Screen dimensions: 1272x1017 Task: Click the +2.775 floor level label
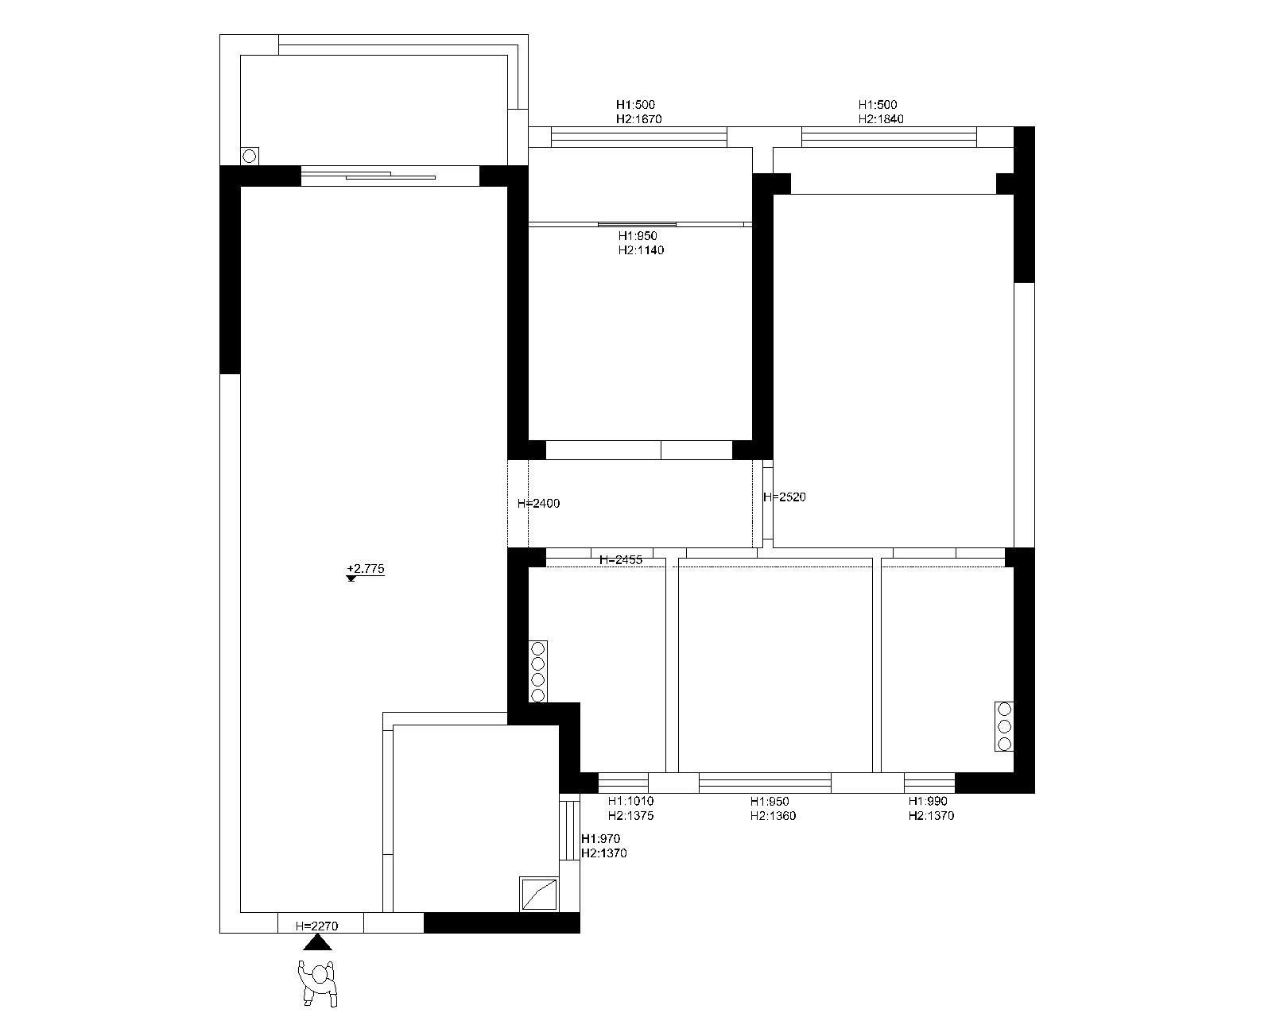click(x=365, y=568)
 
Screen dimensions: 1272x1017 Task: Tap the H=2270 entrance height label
click(x=317, y=926)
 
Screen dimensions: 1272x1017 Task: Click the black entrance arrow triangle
click(x=317, y=942)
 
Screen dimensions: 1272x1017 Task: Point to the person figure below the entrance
click(x=318, y=983)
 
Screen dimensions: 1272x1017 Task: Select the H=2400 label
click(x=538, y=504)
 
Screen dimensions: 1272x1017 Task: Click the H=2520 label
click(x=785, y=497)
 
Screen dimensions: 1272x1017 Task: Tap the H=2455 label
click(x=621, y=559)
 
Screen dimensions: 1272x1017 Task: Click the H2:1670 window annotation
click(x=639, y=118)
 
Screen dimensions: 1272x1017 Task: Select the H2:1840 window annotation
click(x=881, y=118)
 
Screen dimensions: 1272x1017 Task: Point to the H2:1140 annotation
click(x=642, y=250)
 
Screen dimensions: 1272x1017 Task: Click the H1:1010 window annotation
click(x=630, y=802)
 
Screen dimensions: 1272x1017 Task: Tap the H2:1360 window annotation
click(x=773, y=816)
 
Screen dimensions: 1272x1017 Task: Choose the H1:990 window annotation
click(x=928, y=802)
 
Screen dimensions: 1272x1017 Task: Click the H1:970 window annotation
click(x=600, y=838)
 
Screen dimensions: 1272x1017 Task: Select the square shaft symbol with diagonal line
click(x=539, y=894)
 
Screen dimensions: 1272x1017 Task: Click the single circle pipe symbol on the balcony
click(x=250, y=156)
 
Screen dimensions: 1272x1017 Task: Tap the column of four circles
click(x=538, y=672)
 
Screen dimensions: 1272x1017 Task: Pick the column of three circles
click(x=1004, y=726)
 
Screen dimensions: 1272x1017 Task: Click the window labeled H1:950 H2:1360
click(x=765, y=783)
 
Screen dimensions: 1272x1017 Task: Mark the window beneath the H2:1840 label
click(x=889, y=137)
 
